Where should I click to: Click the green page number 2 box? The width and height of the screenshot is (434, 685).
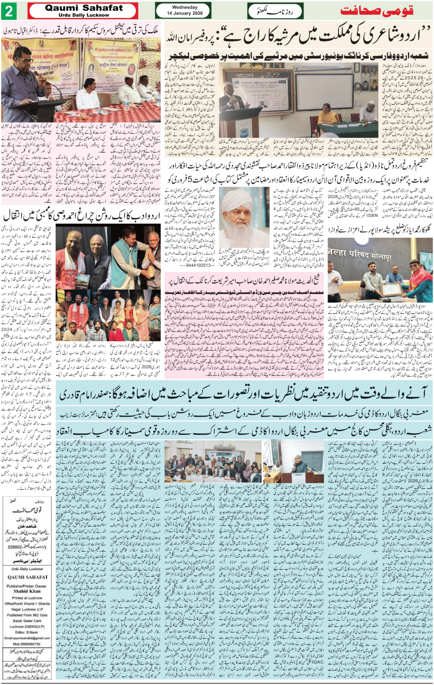9,11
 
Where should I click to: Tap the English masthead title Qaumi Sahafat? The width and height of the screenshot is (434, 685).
84,8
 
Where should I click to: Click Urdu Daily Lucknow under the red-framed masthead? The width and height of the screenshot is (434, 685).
84,15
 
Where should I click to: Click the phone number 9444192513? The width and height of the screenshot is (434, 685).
196,265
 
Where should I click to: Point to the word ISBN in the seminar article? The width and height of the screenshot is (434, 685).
372,215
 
